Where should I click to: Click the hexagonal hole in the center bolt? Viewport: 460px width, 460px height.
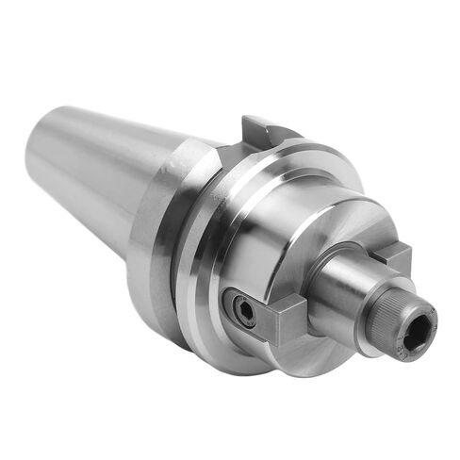(418, 330)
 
